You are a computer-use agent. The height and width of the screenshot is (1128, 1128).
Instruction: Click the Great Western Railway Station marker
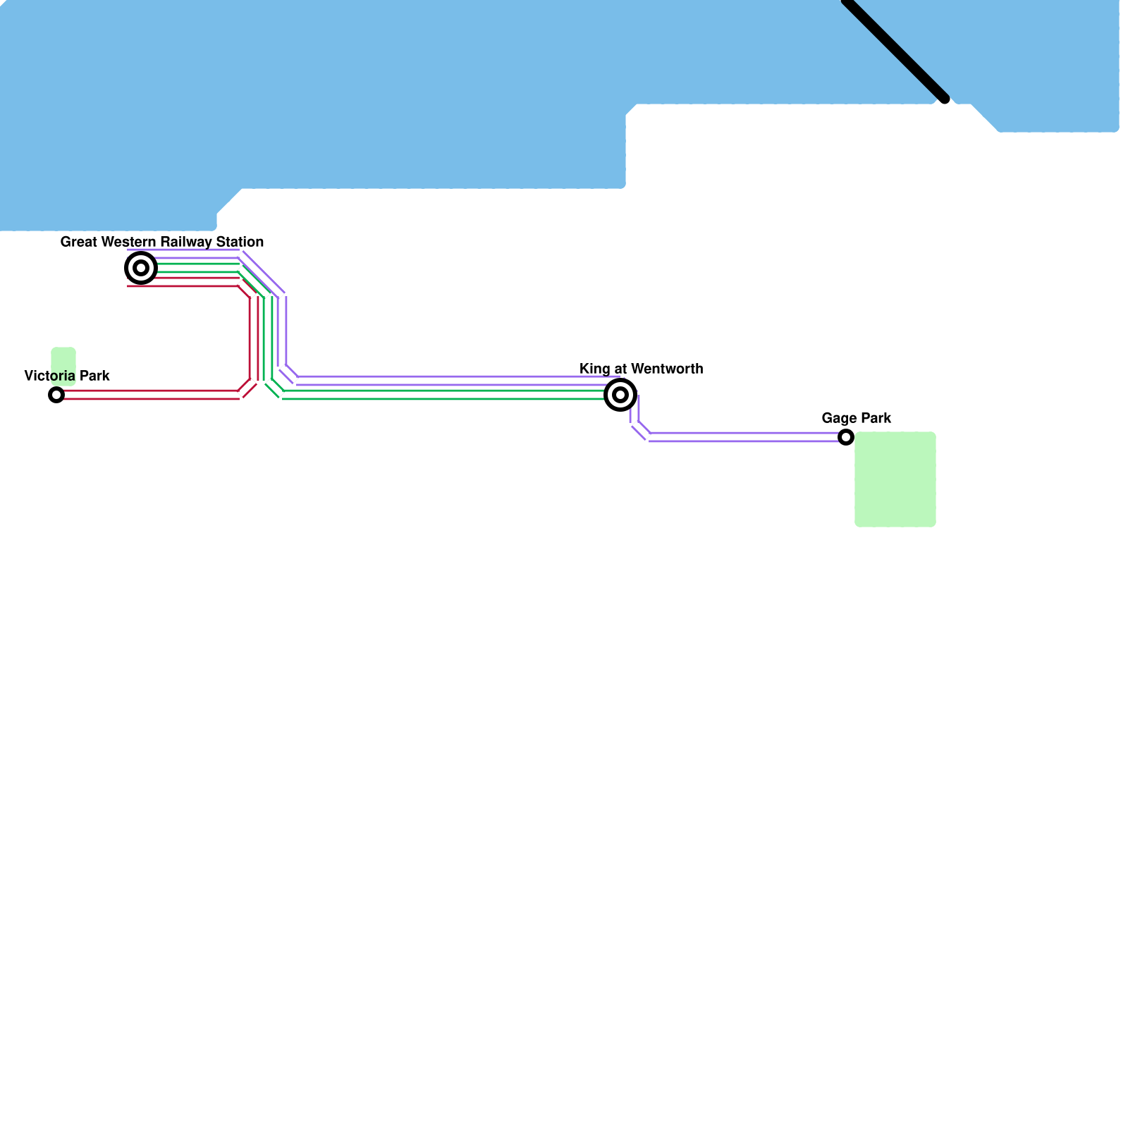pos(141,268)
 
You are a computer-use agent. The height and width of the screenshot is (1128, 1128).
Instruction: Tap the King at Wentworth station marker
pos(620,395)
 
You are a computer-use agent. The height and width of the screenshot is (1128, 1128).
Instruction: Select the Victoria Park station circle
pos(56,395)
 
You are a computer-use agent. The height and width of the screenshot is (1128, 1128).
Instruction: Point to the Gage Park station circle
pos(846,437)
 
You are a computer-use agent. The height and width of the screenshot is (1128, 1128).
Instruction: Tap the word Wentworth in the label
pos(672,369)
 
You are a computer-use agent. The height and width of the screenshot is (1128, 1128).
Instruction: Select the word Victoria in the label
pos(49,376)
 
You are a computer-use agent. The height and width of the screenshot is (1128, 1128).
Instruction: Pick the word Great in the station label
pos(78,242)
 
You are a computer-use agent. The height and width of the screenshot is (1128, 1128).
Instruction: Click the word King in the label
pos(594,369)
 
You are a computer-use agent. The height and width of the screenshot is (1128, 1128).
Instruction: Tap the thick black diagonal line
pos(895,49)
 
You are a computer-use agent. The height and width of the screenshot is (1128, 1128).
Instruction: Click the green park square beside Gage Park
pos(895,479)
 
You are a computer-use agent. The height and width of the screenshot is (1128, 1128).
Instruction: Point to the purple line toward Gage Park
pos(740,437)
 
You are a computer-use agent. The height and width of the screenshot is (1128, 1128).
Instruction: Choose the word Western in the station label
pos(128,242)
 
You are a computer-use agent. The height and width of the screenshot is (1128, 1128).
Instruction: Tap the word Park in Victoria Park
pos(94,376)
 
